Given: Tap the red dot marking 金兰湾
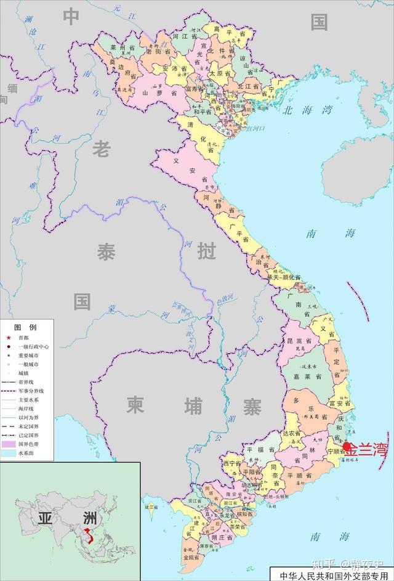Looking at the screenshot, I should click(x=347, y=447).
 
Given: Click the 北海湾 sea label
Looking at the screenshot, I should click(x=308, y=111).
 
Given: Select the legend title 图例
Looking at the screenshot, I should click(x=25, y=327).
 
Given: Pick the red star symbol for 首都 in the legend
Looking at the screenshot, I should click(x=9, y=338).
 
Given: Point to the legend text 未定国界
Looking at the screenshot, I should click(x=28, y=426).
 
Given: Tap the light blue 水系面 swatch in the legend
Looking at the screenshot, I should click(x=9, y=452).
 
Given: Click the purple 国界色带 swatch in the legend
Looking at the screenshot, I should click(x=9, y=444).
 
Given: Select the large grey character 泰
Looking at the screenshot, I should click(x=105, y=252).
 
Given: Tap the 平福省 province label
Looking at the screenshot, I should click(x=259, y=449).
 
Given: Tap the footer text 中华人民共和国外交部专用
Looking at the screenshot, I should click(x=330, y=575).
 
